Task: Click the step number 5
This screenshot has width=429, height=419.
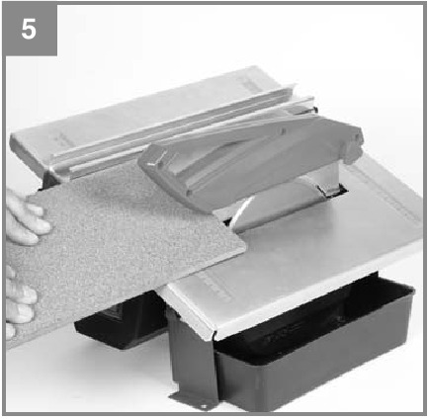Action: click(29, 29)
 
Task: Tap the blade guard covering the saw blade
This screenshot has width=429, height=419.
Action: click(250, 160)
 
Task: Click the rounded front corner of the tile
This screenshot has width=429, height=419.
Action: click(243, 246)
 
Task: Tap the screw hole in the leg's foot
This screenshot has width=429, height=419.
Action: click(205, 406)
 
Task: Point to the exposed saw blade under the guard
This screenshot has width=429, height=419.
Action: click(264, 210)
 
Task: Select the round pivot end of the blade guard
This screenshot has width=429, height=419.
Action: click(353, 145)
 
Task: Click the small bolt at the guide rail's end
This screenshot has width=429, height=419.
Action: click(315, 110)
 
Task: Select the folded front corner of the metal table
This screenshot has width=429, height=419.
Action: click(214, 334)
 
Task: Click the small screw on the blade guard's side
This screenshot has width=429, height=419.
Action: click(283, 132)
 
